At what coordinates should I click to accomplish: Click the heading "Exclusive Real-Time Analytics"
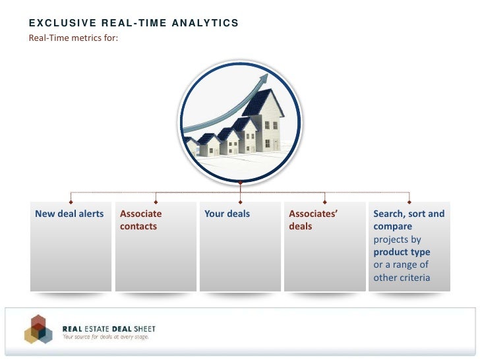coord(133,24)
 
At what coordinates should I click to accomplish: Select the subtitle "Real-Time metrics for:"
coord(73,37)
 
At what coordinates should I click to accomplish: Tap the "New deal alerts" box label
coord(69,214)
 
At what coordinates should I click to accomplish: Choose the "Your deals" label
coord(227,214)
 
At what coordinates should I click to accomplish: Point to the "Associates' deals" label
coord(313,220)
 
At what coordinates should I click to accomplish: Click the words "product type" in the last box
coord(402,252)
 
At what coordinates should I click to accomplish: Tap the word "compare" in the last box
coord(392,226)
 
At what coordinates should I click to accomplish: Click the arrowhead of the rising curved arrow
coord(264,78)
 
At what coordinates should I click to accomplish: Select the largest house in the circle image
coord(267,122)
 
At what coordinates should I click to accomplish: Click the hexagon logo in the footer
coord(39,329)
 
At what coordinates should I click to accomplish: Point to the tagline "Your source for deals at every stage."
coord(105,337)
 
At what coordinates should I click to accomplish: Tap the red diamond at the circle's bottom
coord(240,183)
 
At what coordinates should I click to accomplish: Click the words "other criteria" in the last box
coord(402,278)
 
